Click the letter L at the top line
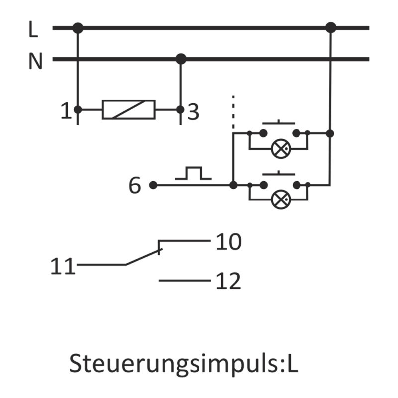pyautogui.click(x=33, y=30)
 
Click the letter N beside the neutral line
pyautogui.click(x=35, y=62)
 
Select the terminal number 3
pyautogui.click(x=193, y=112)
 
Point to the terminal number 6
pyautogui.click(x=135, y=186)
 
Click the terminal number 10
pyautogui.click(x=228, y=242)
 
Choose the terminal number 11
pyautogui.click(x=63, y=267)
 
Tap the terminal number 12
pyautogui.click(x=228, y=282)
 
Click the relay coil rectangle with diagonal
pyautogui.click(x=128, y=109)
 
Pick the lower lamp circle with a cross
pyautogui.click(x=280, y=200)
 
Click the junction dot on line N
pyautogui.click(x=181, y=59)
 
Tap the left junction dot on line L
pyautogui.click(x=77, y=28)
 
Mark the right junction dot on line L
pyautogui.click(x=331, y=28)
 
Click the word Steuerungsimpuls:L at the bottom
pyautogui.click(x=183, y=363)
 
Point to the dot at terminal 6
pyautogui.click(x=153, y=185)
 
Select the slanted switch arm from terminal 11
pyautogui.click(x=142, y=257)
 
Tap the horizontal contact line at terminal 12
pyautogui.click(x=185, y=281)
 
